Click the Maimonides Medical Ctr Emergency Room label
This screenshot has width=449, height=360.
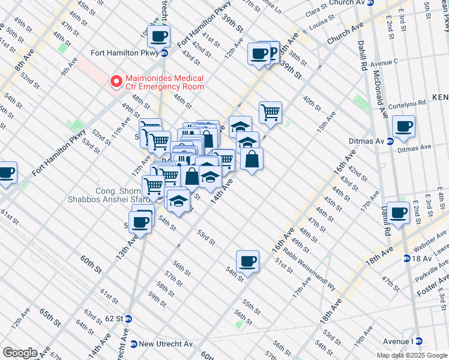point(164,82)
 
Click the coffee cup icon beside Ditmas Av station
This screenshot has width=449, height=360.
point(403,127)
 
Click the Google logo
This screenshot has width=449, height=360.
point(20,353)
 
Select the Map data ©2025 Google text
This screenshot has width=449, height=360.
point(412,355)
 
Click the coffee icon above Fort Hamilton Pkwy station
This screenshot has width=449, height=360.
point(158,37)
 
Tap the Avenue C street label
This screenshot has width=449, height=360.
point(385,62)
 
